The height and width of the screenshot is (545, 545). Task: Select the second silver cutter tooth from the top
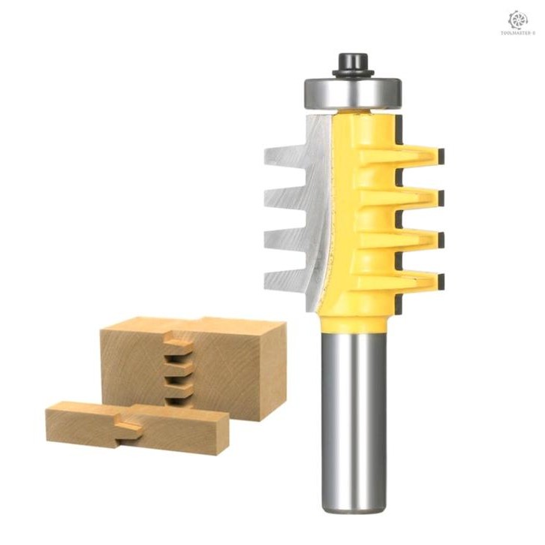point(285,199)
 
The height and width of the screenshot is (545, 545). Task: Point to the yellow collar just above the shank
point(350,319)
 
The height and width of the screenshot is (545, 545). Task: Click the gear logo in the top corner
point(519,19)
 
